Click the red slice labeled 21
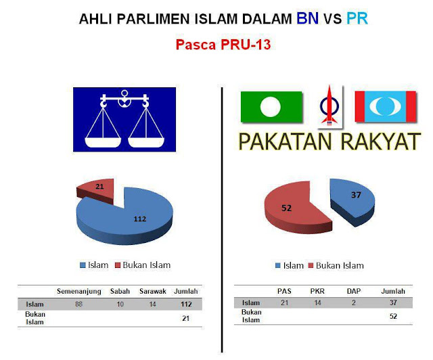(x=97, y=189)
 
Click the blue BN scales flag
(x=124, y=119)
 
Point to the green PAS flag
(x=271, y=107)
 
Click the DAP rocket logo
(x=329, y=106)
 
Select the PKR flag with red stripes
(x=386, y=106)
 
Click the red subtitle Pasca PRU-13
(x=223, y=45)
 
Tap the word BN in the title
(x=307, y=18)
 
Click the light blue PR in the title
(x=357, y=18)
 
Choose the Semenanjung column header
(x=79, y=291)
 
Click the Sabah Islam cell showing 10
(x=120, y=305)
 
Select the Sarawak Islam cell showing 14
(x=153, y=305)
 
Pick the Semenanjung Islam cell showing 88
(x=79, y=305)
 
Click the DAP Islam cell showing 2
(x=354, y=302)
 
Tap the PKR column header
(x=317, y=291)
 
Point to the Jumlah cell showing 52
(x=393, y=316)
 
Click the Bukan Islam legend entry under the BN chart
(x=143, y=265)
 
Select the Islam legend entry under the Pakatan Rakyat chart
(x=290, y=265)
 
